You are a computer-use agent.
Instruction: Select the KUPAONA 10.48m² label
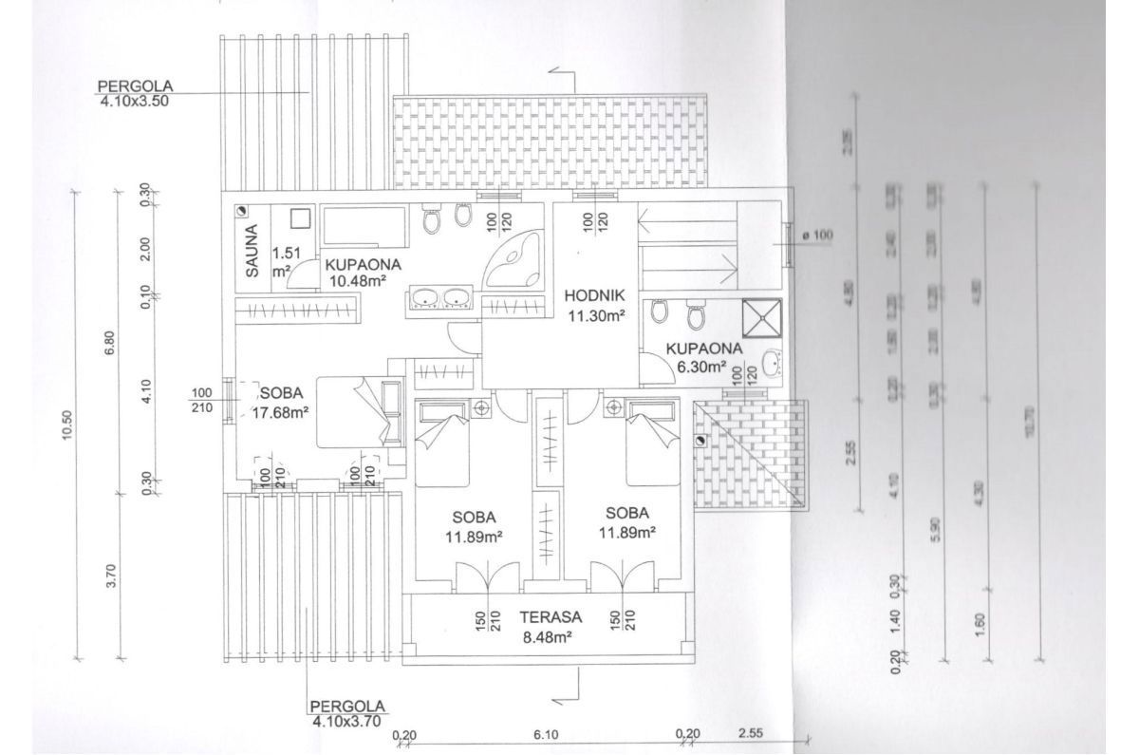365,273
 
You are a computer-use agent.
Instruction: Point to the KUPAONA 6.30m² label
696,356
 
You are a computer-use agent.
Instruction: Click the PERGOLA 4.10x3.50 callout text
133,96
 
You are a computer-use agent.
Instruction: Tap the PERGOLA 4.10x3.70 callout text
347,713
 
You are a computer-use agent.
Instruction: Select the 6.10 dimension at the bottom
545,734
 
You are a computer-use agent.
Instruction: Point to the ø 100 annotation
815,236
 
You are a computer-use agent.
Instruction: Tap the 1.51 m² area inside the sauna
283,261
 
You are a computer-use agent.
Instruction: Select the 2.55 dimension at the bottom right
751,734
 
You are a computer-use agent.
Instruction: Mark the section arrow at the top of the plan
560,74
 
